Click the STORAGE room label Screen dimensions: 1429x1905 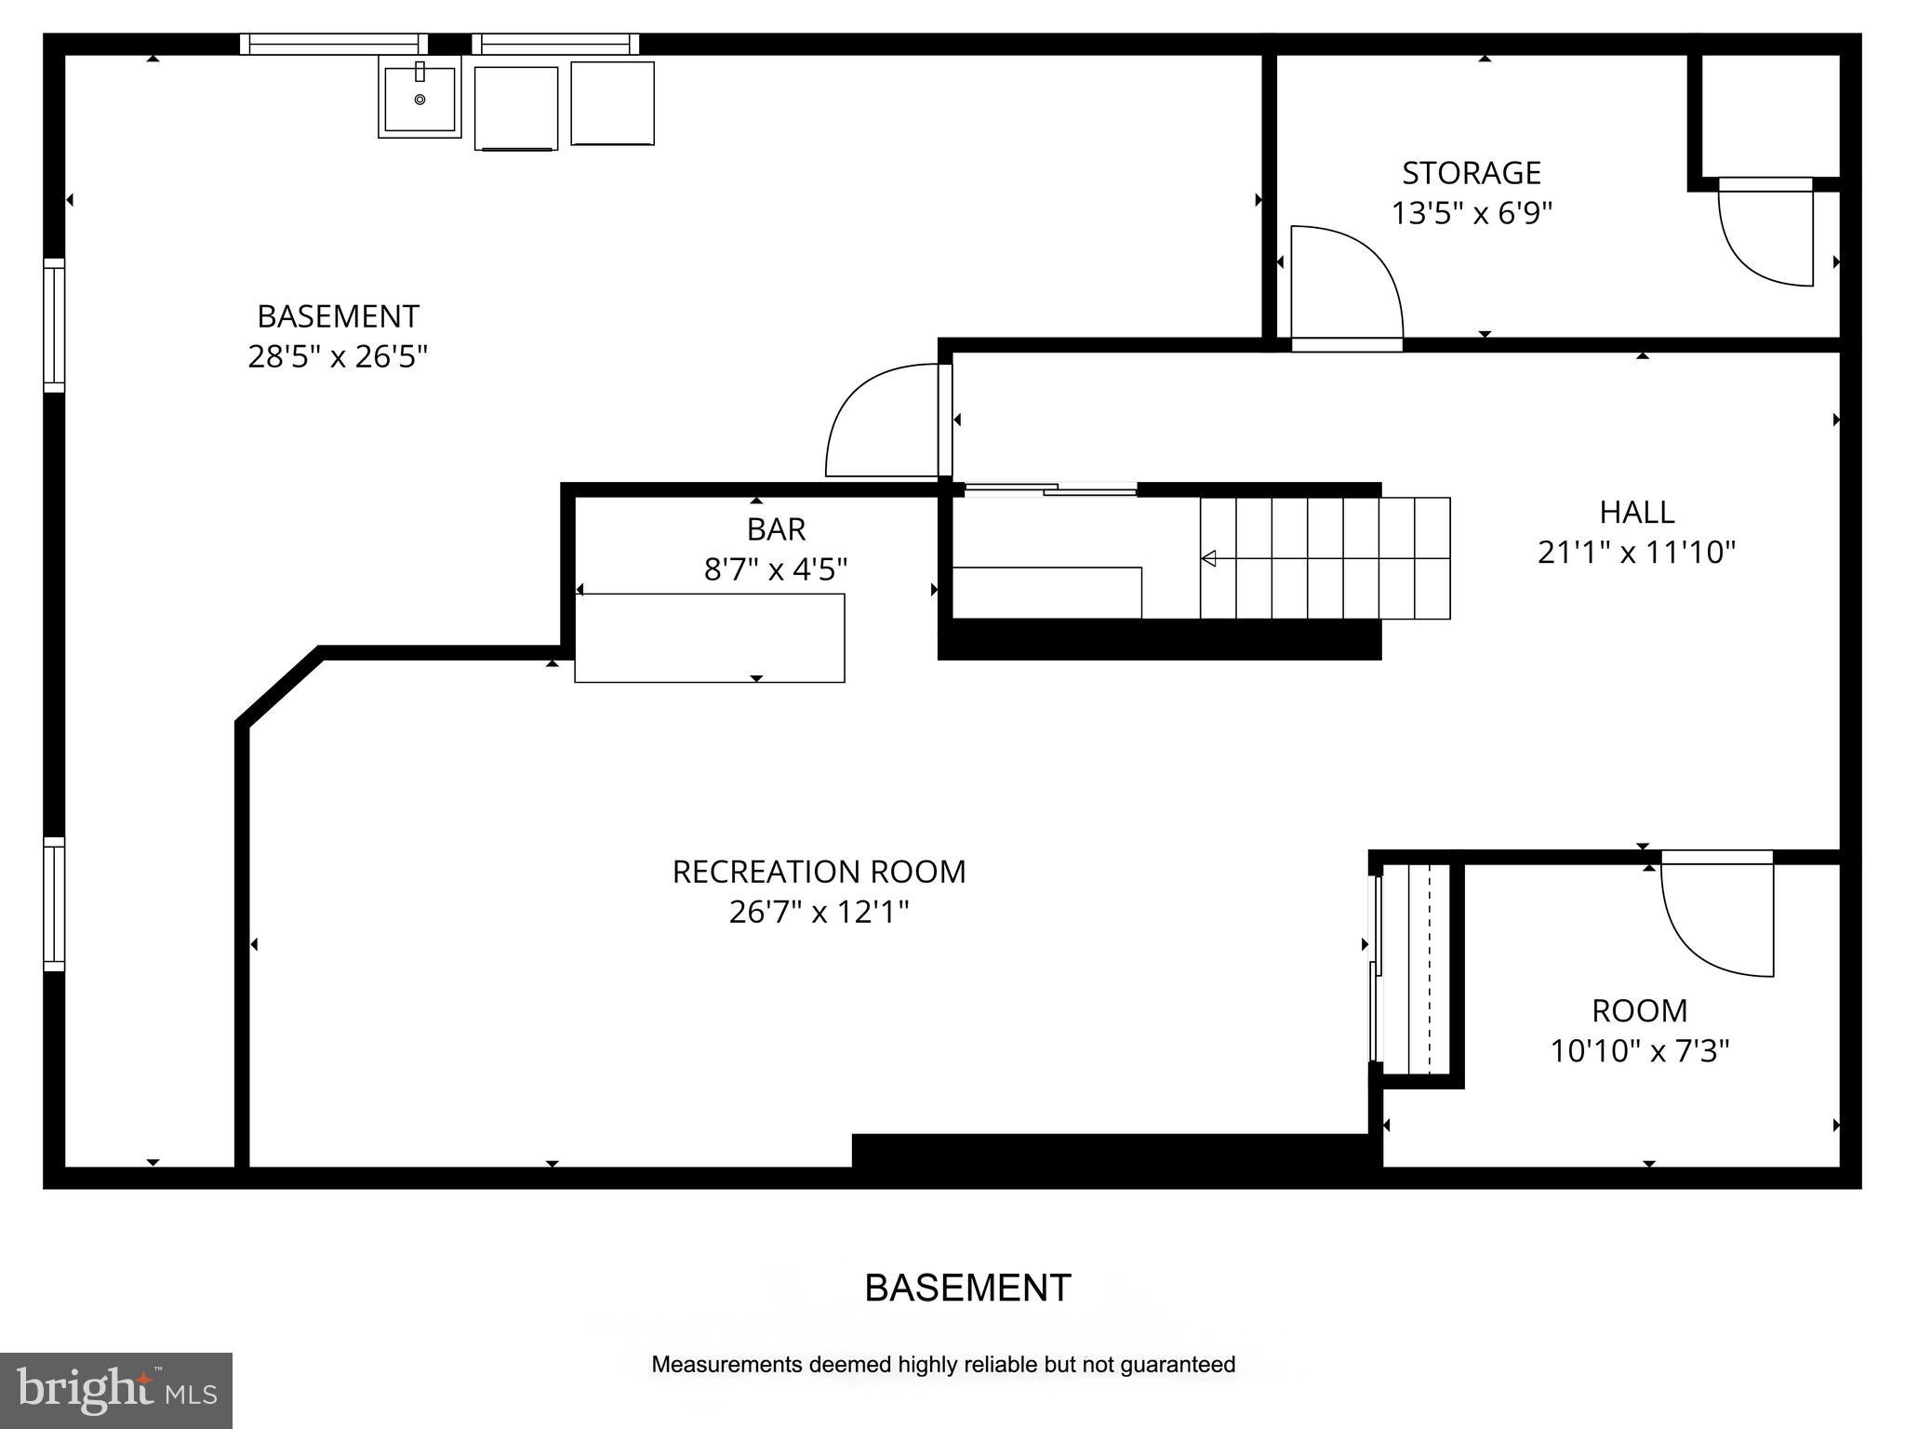click(x=1472, y=173)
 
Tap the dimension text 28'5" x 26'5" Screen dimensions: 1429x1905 click(x=338, y=356)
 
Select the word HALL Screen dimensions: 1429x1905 click(x=1636, y=512)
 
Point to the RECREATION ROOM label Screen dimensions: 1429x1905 click(x=819, y=872)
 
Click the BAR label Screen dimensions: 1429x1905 click(x=776, y=529)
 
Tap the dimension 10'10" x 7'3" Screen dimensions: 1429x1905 click(x=1639, y=1051)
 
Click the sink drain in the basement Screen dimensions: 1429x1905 click(x=420, y=99)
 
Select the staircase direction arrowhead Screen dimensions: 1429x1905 click(x=1209, y=558)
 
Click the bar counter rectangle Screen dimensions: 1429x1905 click(x=709, y=638)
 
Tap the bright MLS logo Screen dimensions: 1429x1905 click(x=115, y=1390)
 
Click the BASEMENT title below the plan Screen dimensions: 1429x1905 click(x=967, y=1289)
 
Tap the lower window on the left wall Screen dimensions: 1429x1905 click(x=54, y=903)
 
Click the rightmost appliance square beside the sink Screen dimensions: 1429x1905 click(x=612, y=103)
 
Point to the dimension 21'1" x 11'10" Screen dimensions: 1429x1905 click(x=1636, y=553)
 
